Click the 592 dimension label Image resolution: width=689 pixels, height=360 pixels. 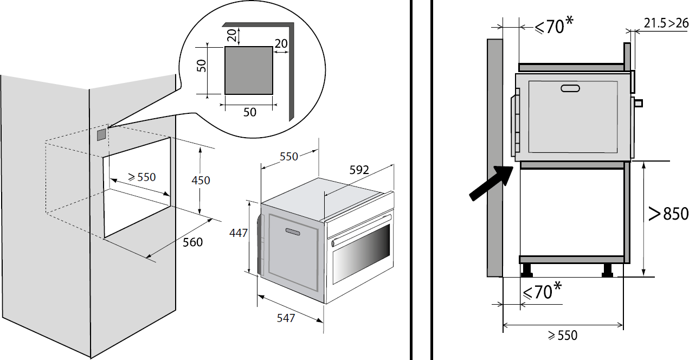[359, 170]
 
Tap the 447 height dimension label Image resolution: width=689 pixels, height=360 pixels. [239, 233]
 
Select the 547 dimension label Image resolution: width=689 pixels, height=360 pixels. [285, 318]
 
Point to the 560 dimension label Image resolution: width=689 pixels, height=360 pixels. [192, 242]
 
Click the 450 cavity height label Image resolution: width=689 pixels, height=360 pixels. [201, 179]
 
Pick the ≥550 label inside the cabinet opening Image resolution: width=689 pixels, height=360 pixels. [141, 177]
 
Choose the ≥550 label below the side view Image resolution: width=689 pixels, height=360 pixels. [562, 336]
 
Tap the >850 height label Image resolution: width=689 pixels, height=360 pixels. [668, 214]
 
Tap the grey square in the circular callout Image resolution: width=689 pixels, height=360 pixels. [248, 70]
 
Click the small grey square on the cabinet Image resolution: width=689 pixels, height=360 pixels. [101, 134]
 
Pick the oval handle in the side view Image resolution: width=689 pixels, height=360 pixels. [571, 88]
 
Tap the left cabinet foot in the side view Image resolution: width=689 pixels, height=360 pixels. [526, 269]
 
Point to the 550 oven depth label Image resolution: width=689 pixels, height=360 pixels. [289, 156]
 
